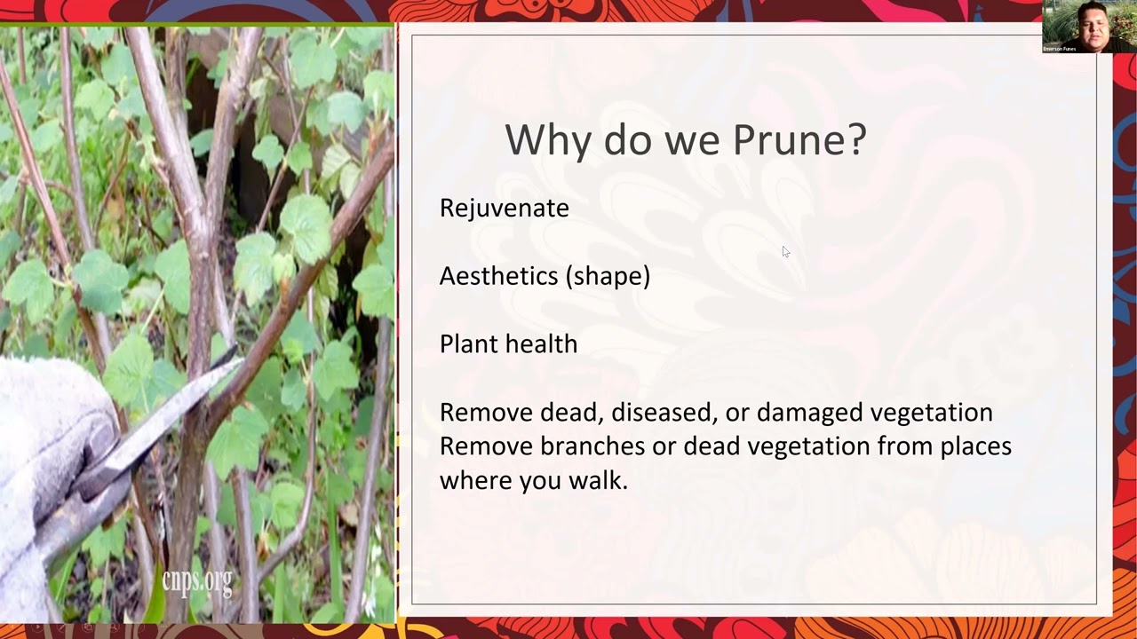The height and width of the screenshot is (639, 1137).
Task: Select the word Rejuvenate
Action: (504, 208)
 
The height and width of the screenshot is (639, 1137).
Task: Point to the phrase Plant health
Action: (508, 344)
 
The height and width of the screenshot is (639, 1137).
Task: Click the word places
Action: (975, 446)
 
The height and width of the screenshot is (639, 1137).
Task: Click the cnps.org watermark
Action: (196, 581)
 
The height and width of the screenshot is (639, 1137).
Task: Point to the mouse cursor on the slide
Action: (785, 252)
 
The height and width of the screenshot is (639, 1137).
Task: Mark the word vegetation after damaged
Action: (931, 413)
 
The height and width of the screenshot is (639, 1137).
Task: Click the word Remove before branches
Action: (486, 446)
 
